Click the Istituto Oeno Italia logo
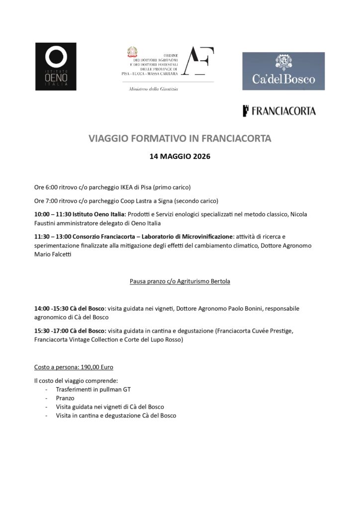56,67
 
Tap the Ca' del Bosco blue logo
283,71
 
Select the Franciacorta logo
279,111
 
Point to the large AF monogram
197,61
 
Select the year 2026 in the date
199,156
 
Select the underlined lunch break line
180,281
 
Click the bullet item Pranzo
65,398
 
